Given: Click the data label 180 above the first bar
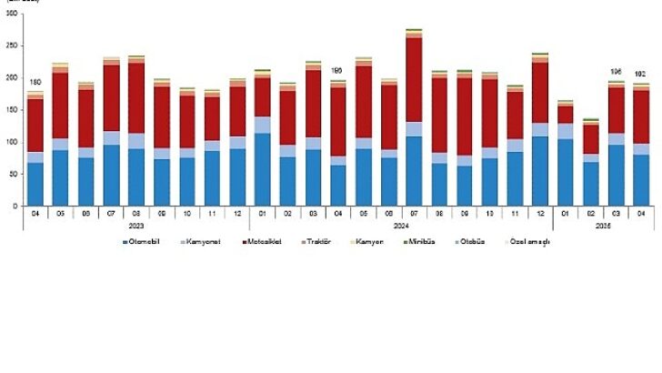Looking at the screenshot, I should click(x=35, y=85).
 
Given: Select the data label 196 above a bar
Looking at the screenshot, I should click(x=616, y=73).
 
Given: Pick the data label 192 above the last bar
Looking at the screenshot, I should click(x=641, y=76).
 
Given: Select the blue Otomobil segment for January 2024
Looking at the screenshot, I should click(x=262, y=169).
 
